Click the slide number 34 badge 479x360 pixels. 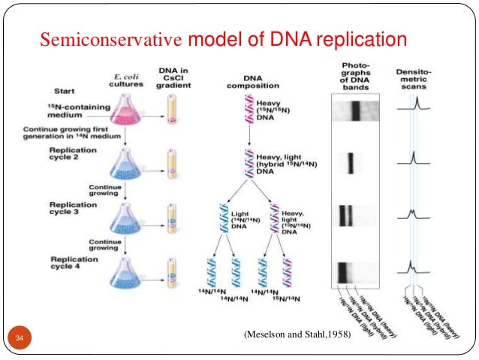tap(20, 336)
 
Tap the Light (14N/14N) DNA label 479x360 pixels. tap(239, 219)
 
